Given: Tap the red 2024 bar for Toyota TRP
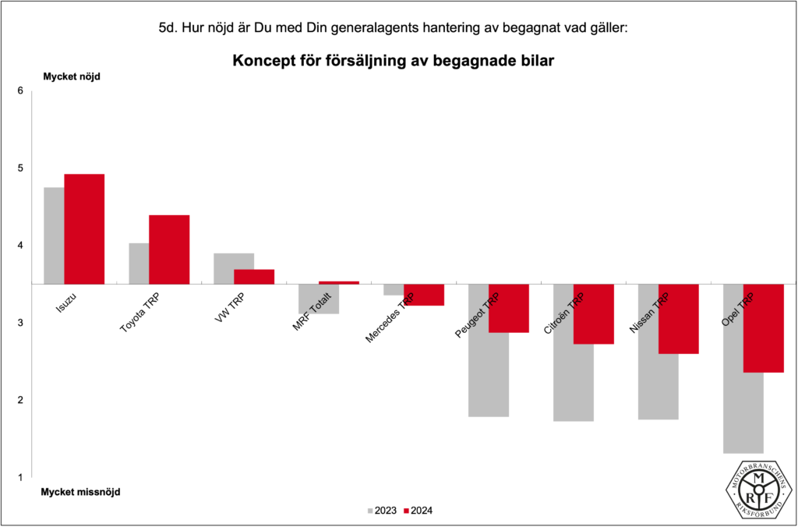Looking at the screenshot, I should click(169, 249).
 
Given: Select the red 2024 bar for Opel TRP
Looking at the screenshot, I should click(764, 328).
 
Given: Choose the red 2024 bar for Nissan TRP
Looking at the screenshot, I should click(679, 319).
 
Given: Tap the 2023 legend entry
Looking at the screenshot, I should click(381, 511).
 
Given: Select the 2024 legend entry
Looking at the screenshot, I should click(418, 511).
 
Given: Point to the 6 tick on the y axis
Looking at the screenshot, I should click(20, 91).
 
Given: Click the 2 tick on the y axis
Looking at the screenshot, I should click(20, 401).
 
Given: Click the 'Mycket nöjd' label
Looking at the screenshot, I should click(72, 76).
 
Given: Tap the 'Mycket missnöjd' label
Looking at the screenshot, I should click(80, 492).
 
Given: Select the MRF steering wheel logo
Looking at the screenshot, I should click(756, 489).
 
